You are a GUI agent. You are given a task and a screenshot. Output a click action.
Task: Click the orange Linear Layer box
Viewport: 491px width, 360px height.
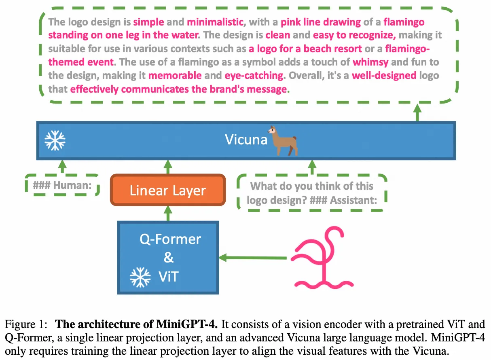coord(167,191)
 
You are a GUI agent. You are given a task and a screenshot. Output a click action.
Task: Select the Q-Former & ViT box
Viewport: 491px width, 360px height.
coord(168,257)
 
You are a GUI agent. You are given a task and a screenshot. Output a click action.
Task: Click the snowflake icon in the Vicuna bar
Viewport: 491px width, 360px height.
coord(55,140)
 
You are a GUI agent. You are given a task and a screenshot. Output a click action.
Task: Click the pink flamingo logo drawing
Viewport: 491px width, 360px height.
coord(324,258)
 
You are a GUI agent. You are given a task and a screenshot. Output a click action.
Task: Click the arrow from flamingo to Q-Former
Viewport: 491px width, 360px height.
coord(255,257)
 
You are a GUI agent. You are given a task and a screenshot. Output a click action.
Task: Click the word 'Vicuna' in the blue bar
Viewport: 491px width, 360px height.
coord(246,140)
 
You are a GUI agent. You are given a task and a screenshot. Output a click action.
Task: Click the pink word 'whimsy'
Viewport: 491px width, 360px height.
coord(370,62)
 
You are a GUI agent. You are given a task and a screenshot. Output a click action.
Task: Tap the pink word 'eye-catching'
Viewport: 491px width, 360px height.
coord(254,75)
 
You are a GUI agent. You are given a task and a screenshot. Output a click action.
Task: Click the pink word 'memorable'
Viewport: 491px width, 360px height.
coord(175,75)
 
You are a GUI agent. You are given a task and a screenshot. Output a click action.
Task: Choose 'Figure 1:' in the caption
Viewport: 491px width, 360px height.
coord(24,324)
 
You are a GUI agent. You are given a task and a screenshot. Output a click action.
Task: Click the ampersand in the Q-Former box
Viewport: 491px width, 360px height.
coord(169,258)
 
